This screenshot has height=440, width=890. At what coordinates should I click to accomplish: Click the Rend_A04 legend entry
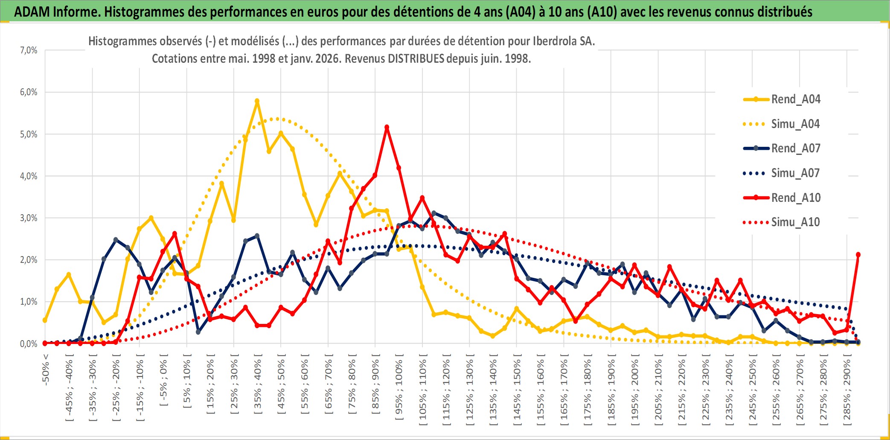coord(795,99)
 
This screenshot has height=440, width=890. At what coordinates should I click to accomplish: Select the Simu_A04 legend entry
coord(795,124)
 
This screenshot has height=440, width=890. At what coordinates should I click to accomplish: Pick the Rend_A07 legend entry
coord(795,149)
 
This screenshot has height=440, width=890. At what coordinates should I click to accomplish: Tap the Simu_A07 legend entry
coord(795,173)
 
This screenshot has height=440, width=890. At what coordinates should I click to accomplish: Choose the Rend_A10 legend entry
coord(795,198)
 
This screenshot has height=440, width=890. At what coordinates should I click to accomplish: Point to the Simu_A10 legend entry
coord(795,222)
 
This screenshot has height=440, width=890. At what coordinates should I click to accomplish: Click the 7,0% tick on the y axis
coord(29,50)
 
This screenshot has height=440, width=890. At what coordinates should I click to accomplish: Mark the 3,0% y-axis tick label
coord(29,218)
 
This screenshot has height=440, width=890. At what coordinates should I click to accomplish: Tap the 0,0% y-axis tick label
coord(29,344)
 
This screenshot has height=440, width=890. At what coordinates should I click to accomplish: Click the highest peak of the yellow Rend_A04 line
coord(257,101)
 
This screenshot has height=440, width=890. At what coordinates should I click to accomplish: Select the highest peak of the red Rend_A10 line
coord(387,127)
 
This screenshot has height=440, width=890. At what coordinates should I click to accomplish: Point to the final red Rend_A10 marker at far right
coord(858,255)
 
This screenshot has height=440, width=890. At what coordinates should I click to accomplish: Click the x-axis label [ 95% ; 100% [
coord(399,389)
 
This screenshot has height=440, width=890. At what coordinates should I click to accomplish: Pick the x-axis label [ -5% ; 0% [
coord(163,383)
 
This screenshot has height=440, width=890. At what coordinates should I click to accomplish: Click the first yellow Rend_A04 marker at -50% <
coord(45,320)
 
